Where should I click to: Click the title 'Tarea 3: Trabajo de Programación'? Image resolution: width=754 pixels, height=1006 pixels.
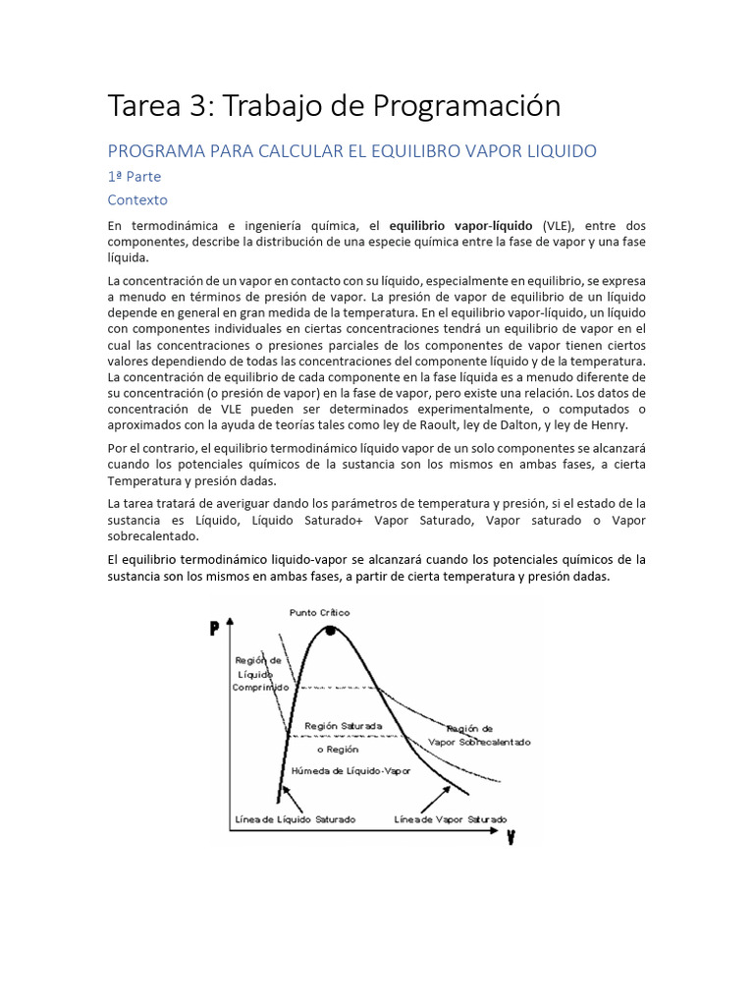pos(334,105)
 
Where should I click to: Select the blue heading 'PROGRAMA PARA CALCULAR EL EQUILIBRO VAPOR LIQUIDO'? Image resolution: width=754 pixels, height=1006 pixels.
pos(351,151)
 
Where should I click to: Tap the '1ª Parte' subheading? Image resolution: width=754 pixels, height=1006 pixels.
pos(135,177)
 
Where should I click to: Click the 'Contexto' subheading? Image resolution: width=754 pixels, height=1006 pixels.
pos(137,199)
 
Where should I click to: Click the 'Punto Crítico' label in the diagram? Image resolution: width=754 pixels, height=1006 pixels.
pos(319,612)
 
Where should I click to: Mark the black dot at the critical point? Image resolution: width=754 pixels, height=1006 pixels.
pos(331,631)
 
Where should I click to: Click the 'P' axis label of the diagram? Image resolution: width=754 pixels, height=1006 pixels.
pos(214,630)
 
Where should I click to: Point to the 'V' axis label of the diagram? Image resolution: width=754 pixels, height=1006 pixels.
pos(512,838)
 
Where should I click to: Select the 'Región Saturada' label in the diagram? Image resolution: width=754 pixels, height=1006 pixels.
pos(344,726)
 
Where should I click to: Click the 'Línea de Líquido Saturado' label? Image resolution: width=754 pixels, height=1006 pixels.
pos(296,818)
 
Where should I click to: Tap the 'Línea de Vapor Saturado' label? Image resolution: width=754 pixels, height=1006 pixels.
pos(450,818)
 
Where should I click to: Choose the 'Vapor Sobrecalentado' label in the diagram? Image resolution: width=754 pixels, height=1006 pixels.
pos(481,742)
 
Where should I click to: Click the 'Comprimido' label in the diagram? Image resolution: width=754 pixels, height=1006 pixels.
pos(260,688)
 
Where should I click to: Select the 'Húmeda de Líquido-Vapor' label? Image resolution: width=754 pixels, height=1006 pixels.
pos(350,771)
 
